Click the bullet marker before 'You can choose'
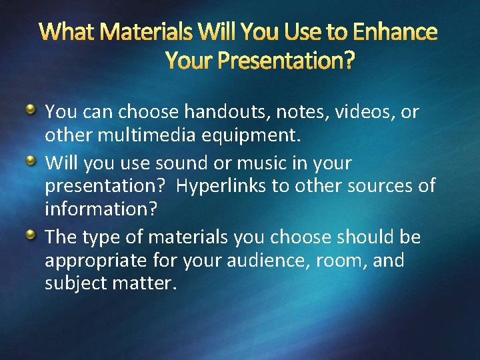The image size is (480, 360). tap(32, 108)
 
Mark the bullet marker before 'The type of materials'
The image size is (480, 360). tap(32, 235)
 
